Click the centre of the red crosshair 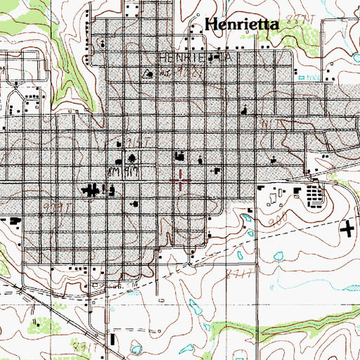tap(181, 180)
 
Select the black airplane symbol tap(347, 228)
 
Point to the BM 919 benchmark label tap(120, 172)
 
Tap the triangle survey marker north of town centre tap(148, 72)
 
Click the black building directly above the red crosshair tap(179, 155)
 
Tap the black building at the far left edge tap(13, 220)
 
